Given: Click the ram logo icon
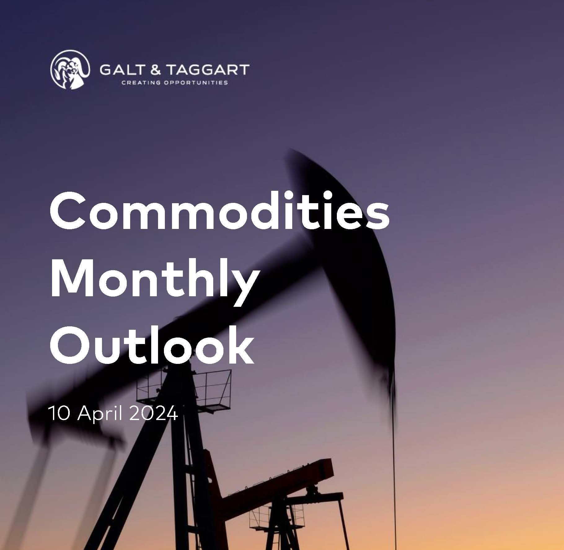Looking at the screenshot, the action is click(70, 70).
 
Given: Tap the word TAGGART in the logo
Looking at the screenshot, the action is click(208, 70).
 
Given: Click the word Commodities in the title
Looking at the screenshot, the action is click(219, 212).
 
